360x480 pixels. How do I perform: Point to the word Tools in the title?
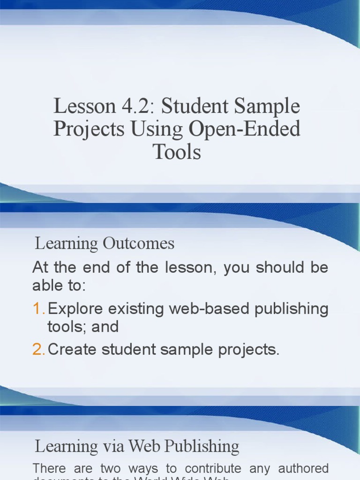coord(177,151)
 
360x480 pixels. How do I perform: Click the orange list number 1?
coord(38,309)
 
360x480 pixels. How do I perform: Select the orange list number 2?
coord(38,349)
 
